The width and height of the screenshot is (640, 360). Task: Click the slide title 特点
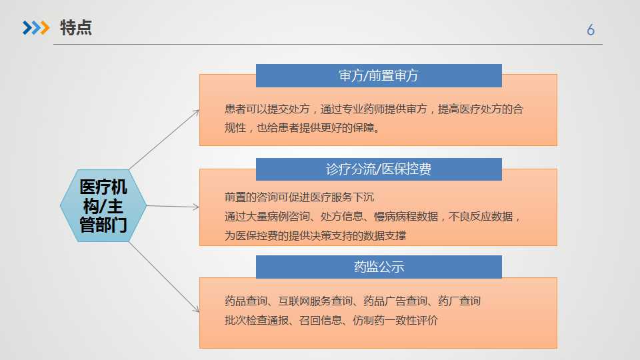(x=76, y=28)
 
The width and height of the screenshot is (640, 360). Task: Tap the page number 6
(x=591, y=30)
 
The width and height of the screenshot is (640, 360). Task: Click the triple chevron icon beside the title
(x=36, y=28)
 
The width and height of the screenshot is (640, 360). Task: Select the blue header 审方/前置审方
(x=379, y=75)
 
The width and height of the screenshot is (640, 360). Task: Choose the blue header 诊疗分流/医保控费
(x=379, y=169)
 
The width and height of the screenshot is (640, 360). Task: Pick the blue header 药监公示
(x=379, y=267)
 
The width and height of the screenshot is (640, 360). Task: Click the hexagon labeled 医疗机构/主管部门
(x=103, y=206)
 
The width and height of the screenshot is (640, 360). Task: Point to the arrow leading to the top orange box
(x=164, y=139)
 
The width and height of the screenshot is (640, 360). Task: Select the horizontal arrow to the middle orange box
(x=173, y=207)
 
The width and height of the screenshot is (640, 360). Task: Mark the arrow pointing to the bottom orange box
(x=164, y=277)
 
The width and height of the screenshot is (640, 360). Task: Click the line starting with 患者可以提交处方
(x=373, y=109)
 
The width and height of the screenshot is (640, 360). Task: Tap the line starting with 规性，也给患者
(x=303, y=128)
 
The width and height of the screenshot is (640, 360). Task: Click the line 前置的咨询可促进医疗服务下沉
(x=299, y=197)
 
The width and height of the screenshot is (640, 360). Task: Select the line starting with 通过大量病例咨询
(x=372, y=216)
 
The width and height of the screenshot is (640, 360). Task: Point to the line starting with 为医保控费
(x=315, y=235)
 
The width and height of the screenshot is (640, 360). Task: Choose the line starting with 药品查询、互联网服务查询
(x=353, y=301)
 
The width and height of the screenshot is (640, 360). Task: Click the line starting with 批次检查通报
(x=331, y=321)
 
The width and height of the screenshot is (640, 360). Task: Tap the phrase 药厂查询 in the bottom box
(x=459, y=301)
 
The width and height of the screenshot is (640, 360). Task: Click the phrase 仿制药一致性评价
(x=395, y=321)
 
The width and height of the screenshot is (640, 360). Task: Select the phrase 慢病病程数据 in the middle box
(x=406, y=216)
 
